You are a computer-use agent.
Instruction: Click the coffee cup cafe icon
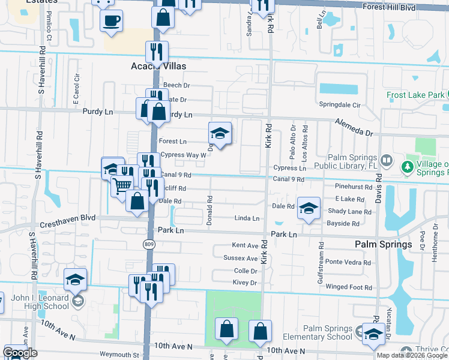tap(112, 22)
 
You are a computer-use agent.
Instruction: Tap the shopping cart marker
tap(123, 186)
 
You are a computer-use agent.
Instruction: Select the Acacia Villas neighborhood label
tap(158, 66)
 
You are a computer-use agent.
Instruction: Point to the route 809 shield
tap(148, 245)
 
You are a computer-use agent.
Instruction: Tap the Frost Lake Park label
tap(416, 95)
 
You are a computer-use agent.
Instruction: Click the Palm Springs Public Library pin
tap(387, 161)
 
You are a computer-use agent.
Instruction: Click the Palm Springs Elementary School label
tap(327, 333)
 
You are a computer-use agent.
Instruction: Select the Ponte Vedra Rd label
tap(349, 262)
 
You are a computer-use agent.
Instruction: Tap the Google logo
tap(20, 353)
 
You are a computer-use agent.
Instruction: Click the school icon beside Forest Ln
tap(220, 134)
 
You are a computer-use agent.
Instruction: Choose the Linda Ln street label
tap(247, 218)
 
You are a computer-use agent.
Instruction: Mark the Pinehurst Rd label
tap(354, 187)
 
